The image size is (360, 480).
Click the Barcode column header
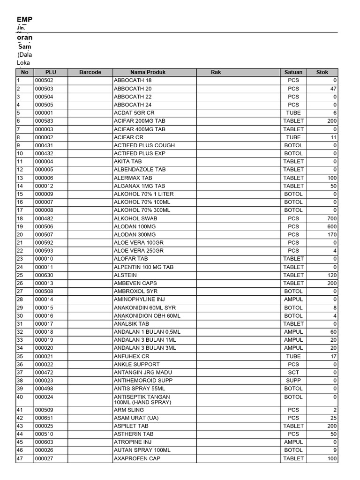click(x=90, y=72)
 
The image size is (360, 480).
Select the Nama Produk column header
click(x=148, y=72)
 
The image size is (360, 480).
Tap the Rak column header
click(x=216, y=72)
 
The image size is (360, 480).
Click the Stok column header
click(x=322, y=72)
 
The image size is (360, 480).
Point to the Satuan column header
click(x=293, y=72)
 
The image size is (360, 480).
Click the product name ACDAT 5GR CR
click(x=134, y=113)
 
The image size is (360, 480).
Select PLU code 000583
click(x=44, y=121)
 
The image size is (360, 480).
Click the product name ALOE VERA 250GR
click(x=139, y=251)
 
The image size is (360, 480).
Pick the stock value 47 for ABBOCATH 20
click(x=333, y=89)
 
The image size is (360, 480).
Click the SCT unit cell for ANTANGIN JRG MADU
click(x=293, y=373)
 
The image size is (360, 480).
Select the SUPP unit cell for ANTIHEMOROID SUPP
click(x=293, y=381)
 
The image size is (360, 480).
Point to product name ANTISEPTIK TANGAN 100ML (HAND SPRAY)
click(x=143, y=399)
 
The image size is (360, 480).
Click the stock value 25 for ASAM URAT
click(x=333, y=418)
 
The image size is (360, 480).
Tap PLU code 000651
click(x=44, y=418)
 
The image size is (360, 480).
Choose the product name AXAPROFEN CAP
click(x=137, y=458)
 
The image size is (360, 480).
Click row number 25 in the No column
click(x=20, y=275)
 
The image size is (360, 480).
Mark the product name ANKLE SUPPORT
click(x=136, y=364)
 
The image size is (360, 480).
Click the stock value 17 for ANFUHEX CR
click(x=333, y=356)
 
